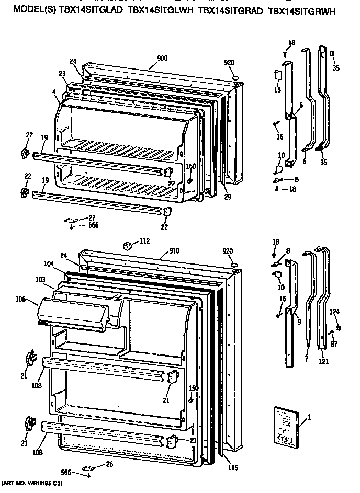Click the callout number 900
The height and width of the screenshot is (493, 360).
pos(162,58)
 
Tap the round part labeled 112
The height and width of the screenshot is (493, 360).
pos(127,245)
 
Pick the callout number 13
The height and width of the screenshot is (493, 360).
pos(277,90)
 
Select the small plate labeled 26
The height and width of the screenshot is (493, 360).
pos(88,467)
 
